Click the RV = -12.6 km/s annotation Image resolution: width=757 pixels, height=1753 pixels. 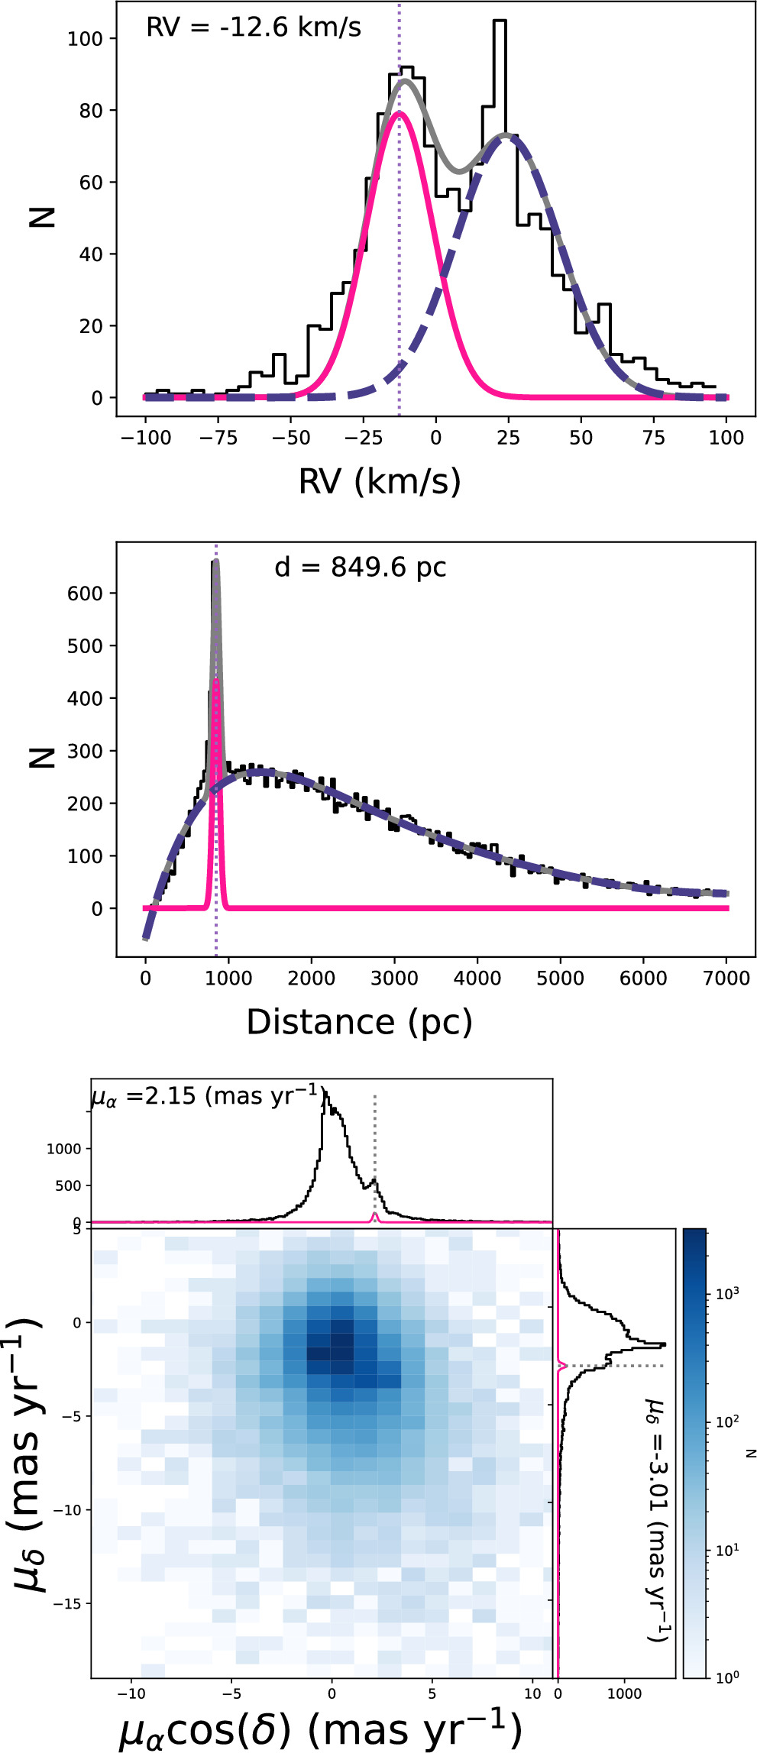254,28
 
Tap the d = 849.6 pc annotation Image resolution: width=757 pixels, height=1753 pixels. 360,568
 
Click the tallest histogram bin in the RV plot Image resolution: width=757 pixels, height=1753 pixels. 500,23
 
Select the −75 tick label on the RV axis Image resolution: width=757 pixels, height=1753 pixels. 218,438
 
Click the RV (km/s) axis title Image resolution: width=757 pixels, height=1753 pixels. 380,480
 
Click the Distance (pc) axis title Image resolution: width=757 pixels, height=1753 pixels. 359,1021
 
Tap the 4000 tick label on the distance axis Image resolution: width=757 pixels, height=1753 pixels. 477,978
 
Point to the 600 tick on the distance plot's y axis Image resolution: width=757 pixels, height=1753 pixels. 86,593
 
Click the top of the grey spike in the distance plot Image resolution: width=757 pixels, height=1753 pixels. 216,561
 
